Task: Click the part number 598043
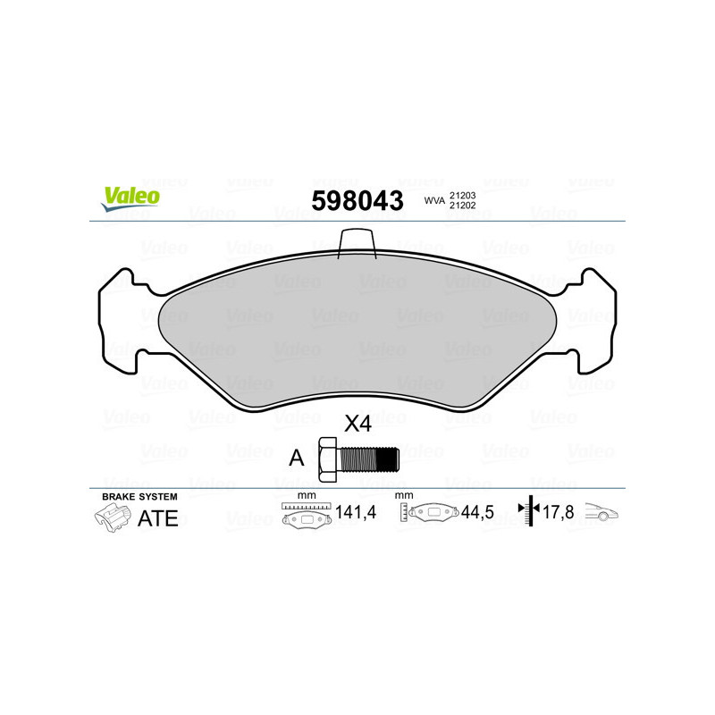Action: coord(357,200)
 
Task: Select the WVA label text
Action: coord(433,201)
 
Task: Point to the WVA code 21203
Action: coord(462,195)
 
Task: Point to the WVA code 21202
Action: coord(462,206)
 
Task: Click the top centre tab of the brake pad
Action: coord(357,241)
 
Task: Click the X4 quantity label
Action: coord(357,425)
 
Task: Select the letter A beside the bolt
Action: coord(296,458)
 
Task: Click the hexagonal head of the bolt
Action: coord(327,458)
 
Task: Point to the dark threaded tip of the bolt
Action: coord(387,458)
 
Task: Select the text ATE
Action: coord(157,519)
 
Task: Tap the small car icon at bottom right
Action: coord(601,515)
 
